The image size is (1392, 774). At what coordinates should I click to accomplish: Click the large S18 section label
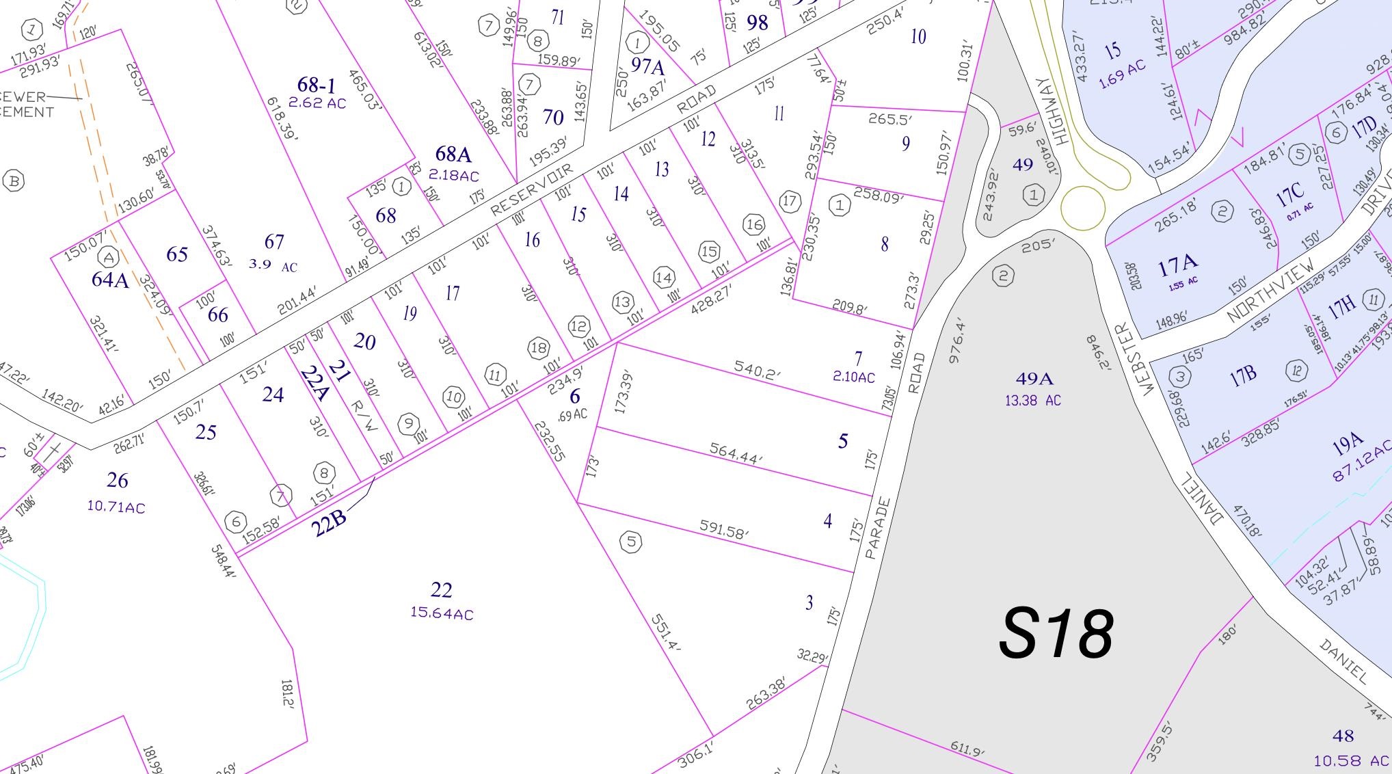(1056, 635)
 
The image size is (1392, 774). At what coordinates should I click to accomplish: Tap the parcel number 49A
(1033, 379)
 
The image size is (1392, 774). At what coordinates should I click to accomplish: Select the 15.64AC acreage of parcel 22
(442, 613)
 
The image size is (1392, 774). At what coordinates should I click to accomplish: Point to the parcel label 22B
(328, 524)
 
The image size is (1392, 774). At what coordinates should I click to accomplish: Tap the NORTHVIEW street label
(1270, 291)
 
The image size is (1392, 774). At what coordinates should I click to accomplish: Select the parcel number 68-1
(317, 85)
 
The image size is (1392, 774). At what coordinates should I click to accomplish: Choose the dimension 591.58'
(724, 529)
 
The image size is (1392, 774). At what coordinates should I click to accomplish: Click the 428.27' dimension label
(711, 299)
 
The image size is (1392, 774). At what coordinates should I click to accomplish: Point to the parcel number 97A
(647, 66)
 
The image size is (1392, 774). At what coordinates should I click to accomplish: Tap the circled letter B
(14, 181)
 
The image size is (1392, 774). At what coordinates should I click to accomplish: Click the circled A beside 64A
(108, 258)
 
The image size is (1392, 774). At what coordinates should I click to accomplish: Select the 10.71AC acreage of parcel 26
(116, 507)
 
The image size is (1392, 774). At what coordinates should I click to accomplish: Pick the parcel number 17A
(1177, 265)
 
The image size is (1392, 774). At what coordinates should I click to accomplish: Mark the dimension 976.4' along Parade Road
(956, 340)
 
